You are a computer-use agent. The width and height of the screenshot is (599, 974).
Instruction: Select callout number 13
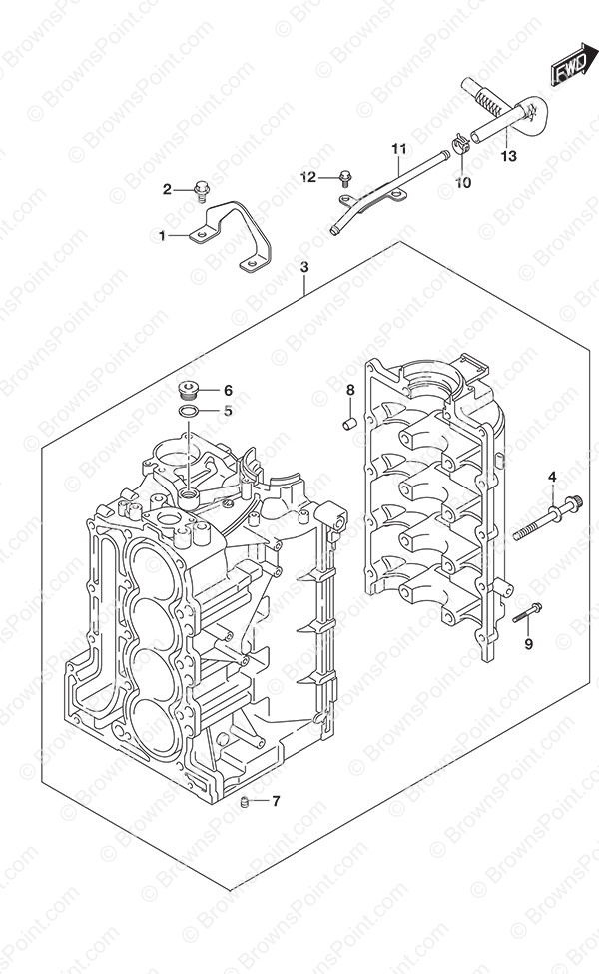(508, 156)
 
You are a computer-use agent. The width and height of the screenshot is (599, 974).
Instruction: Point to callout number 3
(304, 267)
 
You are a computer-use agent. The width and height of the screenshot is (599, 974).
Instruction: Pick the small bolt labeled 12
(345, 179)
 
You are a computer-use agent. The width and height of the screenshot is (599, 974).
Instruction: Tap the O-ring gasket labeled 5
(187, 411)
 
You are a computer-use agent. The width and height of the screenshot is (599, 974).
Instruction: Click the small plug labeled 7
(246, 802)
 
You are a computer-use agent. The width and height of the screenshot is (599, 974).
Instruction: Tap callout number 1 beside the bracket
(162, 236)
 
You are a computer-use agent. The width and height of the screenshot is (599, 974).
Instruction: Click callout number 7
(276, 801)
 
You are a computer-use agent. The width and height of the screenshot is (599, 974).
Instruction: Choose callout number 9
(528, 644)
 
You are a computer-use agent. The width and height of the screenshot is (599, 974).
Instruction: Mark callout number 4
(552, 478)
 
